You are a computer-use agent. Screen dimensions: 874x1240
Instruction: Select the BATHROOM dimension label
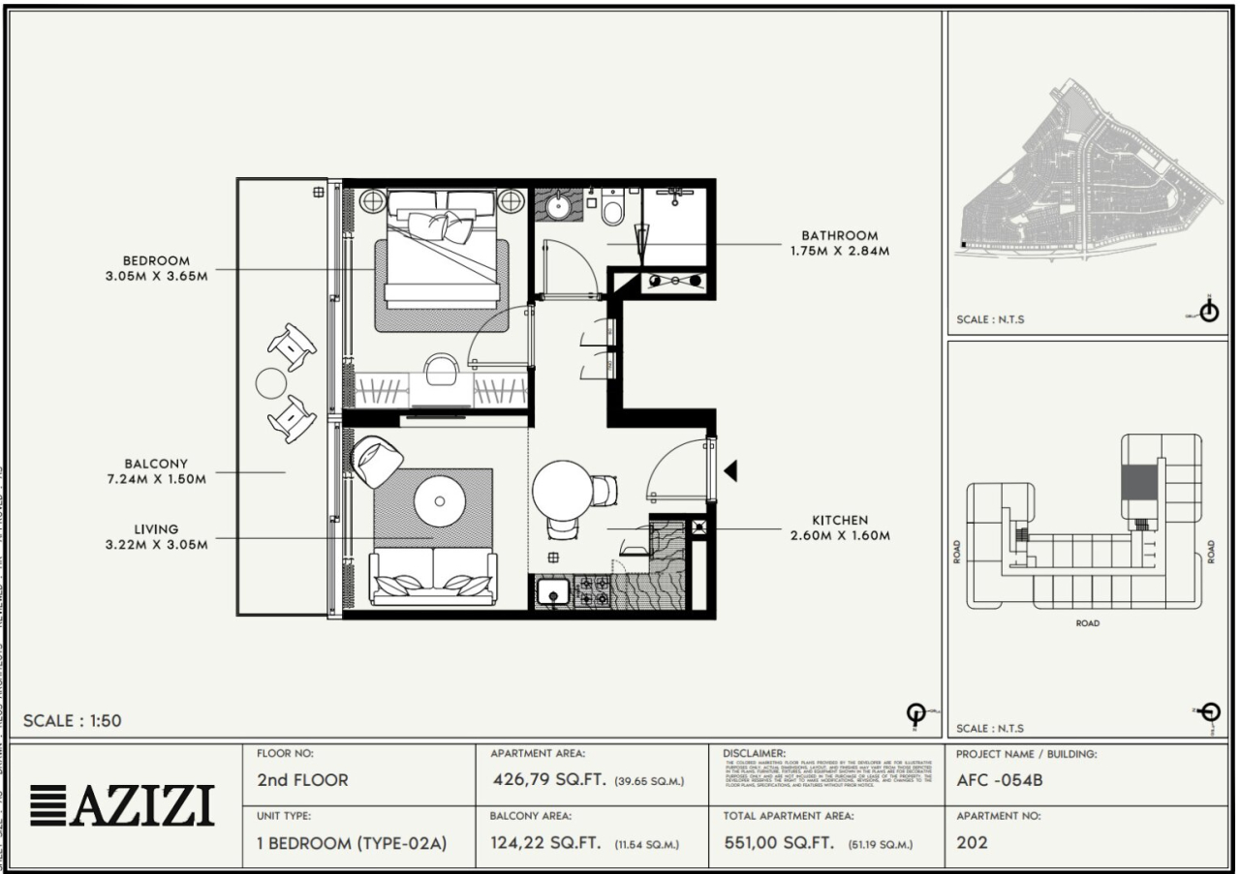(x=839, y=243)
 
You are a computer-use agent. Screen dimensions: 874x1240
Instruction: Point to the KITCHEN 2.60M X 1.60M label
(x=840, y=527)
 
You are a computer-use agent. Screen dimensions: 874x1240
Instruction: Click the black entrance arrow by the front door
(x=731, y=471)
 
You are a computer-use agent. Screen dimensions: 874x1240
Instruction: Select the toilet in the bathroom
(x=612, y=208)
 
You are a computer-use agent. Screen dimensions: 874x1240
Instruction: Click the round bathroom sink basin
(x=559, y=206)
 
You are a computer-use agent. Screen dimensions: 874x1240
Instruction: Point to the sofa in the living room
(x=434, y=576)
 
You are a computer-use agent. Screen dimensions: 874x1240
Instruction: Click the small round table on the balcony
(x=270, y=383)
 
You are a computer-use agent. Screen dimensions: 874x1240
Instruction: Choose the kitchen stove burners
(x=592, y=591)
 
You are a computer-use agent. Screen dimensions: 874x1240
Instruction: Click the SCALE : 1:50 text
(x=73, y=721)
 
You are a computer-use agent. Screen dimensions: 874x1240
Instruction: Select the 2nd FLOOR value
(x=302, y=781)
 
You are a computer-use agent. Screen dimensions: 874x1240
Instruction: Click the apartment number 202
(x=972, y=843)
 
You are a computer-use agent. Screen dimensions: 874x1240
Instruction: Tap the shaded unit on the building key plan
(x=1138, y=481)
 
